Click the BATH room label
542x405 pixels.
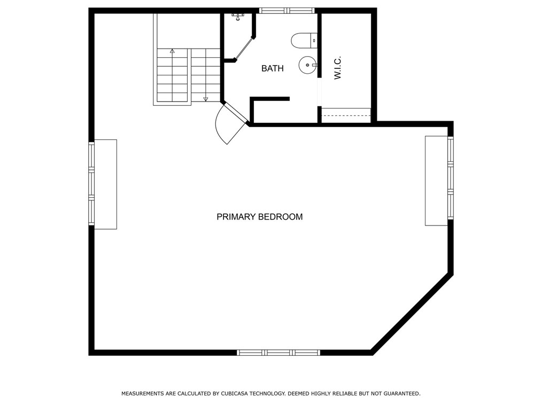pyautogui.click(x=272, y=68)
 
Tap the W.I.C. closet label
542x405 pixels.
pyautogui.click(x=337, y=68)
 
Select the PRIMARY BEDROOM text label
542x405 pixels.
pyautogui.click(x=259, y=217)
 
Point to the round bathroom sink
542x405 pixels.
pyautogui.click(x=307, y=65)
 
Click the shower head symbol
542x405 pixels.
pyautogui.click(x=238, y=17)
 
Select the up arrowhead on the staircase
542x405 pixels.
pyautogui.click(x=172, y=51)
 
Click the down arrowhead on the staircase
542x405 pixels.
pyautogui.click(x=205, y=99)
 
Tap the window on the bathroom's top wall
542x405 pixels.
pyautogui.click(x=287, y=10)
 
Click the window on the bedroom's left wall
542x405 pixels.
pyautogui.click(x=91, y=184)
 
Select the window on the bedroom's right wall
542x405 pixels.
pyautogui.click(x=451, y=178)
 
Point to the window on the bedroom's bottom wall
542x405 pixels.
pyautogui.click(x=278, y=353)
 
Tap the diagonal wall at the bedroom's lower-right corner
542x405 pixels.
pyautogui.click(x=412, y=314)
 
